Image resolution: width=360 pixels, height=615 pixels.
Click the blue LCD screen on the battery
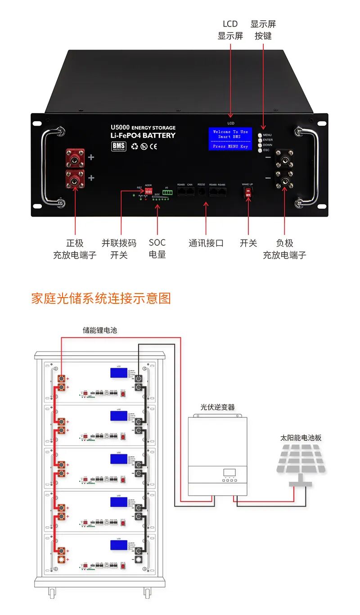click(230, 139)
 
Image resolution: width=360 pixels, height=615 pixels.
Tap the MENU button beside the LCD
click(260, 135)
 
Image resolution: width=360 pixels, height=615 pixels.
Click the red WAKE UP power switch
click(248, 192)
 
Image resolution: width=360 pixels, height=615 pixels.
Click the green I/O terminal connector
click(168, 193)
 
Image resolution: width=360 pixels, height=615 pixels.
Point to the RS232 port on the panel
click(202, 192)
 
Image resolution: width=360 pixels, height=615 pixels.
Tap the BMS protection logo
click(119, 146)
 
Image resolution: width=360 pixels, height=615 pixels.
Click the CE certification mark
click(153, 146)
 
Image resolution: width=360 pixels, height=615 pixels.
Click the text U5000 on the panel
click(120, 128)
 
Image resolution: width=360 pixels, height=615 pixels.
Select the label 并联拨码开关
click(119, 249)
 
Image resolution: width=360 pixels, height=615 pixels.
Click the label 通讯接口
click(206, 243)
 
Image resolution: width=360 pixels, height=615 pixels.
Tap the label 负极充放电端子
click(284, 249)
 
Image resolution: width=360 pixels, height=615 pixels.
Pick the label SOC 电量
click(157, 249)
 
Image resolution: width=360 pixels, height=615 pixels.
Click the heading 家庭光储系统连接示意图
click(101, 298)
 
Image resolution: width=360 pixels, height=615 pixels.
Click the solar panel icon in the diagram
click(301, 459)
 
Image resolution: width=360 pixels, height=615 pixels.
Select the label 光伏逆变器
click(217, 407)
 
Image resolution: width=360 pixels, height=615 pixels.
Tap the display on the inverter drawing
click(229, 472)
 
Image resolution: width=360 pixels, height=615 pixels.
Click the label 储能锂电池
click(99, 330)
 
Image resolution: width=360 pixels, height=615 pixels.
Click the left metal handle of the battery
click(50, 167)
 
